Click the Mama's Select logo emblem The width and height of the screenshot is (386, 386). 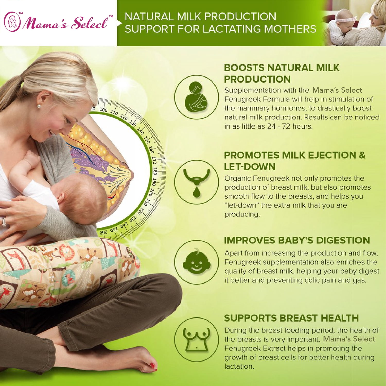pos(12,22)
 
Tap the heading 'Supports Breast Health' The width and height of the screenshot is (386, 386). pos(291,318)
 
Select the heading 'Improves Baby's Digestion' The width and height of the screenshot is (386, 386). pos(297,240)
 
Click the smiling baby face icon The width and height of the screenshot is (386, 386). pos(196,262)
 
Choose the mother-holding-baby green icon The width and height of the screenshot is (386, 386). pos(196,97)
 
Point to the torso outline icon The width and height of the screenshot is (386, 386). pos(196,339)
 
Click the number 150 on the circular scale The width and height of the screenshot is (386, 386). pos(147,140)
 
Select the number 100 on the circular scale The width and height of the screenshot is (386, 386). pos(103,110)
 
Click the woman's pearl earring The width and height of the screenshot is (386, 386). pos(39,106)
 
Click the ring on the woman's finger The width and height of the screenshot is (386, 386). pos(4,222)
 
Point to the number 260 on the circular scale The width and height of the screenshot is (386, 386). pos(103,233)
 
